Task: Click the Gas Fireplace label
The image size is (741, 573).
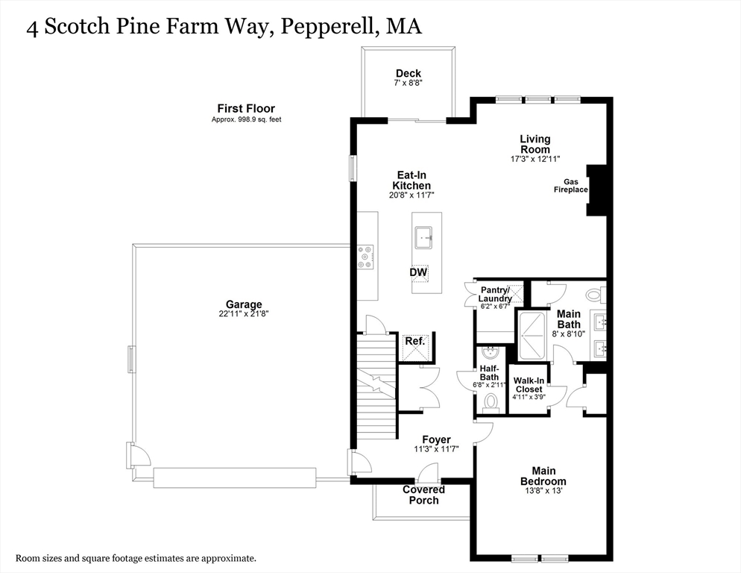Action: [571, 186]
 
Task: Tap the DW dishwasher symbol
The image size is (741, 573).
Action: [418, 273]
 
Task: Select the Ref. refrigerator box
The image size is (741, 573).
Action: [414, 342]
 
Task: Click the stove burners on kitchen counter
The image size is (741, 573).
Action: [366, 257]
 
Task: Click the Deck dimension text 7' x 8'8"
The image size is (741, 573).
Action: [408, 84]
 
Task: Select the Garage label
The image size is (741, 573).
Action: [244, 304]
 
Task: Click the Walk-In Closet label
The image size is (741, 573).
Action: [529, 384]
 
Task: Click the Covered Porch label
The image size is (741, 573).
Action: [423, 495]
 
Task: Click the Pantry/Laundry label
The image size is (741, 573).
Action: [495, 294]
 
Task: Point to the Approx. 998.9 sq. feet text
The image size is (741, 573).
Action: [246, 119]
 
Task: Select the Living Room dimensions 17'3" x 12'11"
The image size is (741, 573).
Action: [535, 159]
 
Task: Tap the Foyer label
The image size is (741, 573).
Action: [436, 439]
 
